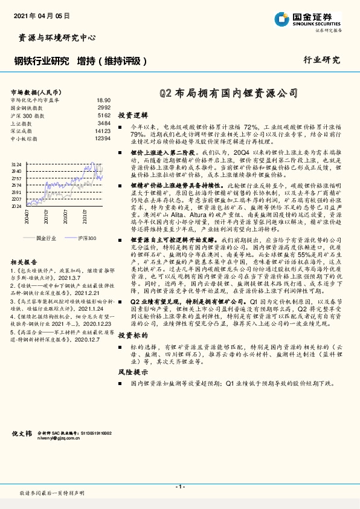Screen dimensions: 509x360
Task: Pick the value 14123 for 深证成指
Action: click(103, 131)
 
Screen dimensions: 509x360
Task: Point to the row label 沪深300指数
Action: click(28, 115)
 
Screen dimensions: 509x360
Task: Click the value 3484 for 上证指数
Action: click(104, 123)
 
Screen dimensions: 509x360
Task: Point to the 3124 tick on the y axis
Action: click(17, 164)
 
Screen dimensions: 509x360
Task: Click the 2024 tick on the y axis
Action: click(17, 206)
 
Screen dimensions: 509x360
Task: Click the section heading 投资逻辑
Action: click(132, 114)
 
